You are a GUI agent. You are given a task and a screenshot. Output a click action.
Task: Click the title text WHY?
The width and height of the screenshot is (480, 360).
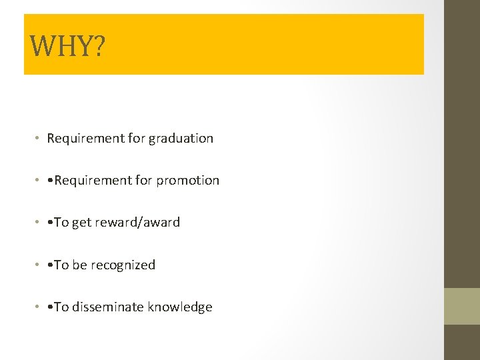click(x=67, y=45)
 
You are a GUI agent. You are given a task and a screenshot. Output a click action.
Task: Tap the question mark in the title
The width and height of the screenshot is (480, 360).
click(x=98, y=45)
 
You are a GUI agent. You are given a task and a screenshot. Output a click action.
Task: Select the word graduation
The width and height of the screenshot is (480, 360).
click(x=181, y=139)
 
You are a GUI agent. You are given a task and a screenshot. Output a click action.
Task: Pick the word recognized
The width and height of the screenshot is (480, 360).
click(x=123, y=265)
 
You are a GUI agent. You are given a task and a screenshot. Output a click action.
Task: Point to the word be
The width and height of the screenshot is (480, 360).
click(x=79, y=265)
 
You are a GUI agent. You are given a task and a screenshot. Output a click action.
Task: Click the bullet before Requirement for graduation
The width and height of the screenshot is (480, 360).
click(x=39, y=139)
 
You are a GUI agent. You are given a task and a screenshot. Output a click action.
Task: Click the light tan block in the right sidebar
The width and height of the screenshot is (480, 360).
click(x=462, y=306)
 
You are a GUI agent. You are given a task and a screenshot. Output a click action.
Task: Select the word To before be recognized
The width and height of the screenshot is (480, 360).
click(x=61, y=265)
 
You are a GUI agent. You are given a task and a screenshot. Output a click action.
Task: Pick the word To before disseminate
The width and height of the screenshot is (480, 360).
click(x=61, y=307)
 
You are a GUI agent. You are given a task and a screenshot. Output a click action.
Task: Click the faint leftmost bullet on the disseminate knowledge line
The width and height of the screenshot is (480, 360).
click(x=39, y=307)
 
